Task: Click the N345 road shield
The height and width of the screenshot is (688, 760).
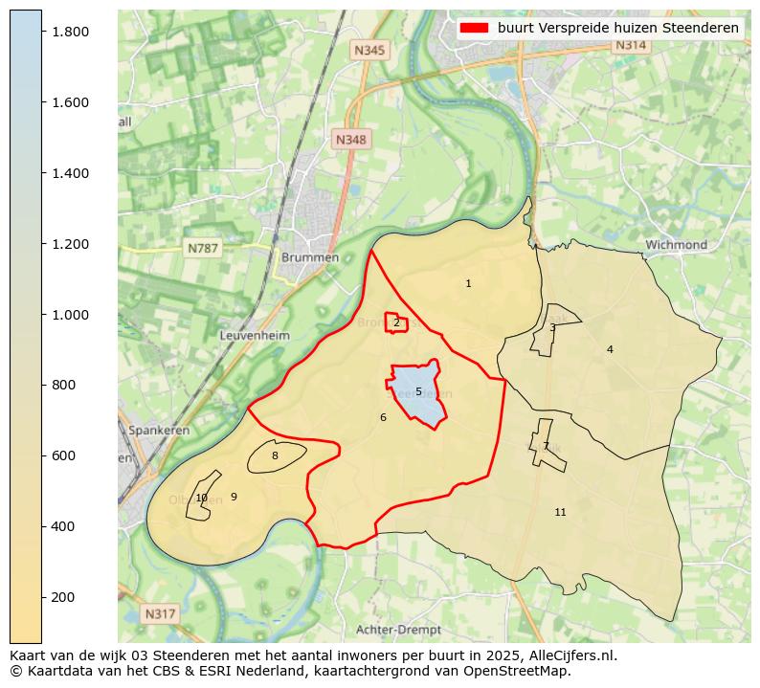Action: pyautogui.click(x=369, y=50)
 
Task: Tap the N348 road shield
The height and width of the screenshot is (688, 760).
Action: pyautogui.click(x=350, y=140)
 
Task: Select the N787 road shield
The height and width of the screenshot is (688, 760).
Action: pyautogui.click(x=203, y=248)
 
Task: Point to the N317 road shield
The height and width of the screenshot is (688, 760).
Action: pyautogui.click(x=160, y=613)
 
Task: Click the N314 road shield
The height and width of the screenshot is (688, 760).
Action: pyautogui.click(x=631, y=45)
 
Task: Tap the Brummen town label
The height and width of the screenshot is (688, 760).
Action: pyautogui.click(x=310, y=257)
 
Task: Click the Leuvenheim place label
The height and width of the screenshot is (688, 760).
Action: pyautogui.click(x=255, y=336)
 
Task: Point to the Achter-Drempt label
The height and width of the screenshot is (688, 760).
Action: pyautogui.click(x=398, y=630)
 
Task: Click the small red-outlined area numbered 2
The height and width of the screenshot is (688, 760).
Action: pyautogui.click(x=396, y=322)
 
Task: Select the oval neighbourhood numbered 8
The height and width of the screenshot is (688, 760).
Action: pyautogui.click(x=275, y=456)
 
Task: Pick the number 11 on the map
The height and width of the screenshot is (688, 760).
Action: pyautogui.click(x=560, y=513)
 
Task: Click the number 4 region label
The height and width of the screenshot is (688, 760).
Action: pyautogui.click(x=610, y=349)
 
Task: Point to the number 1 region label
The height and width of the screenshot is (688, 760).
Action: pyautogui.click(x=468, y=283)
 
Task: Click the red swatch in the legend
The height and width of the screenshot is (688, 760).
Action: pyautogui.click(x=475, y=28)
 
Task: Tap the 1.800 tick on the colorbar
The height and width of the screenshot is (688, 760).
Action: pyautogui.click(x=69, y=32)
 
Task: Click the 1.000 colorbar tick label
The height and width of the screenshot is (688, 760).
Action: pyautogui.click(x=69, y=315)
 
